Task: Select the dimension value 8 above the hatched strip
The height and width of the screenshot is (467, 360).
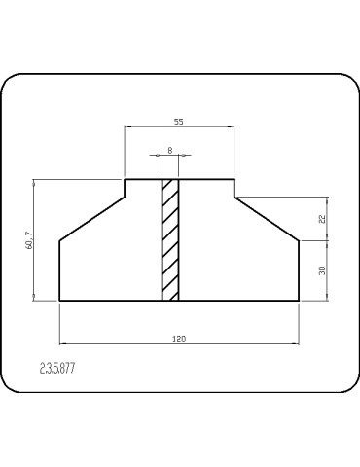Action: click(170, 150)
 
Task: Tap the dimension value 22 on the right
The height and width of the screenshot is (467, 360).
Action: click(321, 219)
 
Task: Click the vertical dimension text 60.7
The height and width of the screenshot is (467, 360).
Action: click(29, 239)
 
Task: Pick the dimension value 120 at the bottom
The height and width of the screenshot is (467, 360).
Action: click(179, 338)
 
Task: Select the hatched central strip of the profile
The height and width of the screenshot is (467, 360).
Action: click(170, 239)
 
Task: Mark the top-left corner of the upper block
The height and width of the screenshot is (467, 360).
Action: click(125, 179)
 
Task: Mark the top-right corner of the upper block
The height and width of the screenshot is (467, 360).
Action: click(234, 179)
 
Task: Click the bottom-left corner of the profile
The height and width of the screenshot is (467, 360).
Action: click(60, 301)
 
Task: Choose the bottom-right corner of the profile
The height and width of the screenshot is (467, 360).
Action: click(298, 301)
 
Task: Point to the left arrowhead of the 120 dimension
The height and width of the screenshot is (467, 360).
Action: click(63, 343)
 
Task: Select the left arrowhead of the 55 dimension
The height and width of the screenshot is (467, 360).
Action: click(127, 126)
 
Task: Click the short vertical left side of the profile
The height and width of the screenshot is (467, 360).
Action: click(60, 269)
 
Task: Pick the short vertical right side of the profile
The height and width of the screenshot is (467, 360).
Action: click(298, 269)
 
